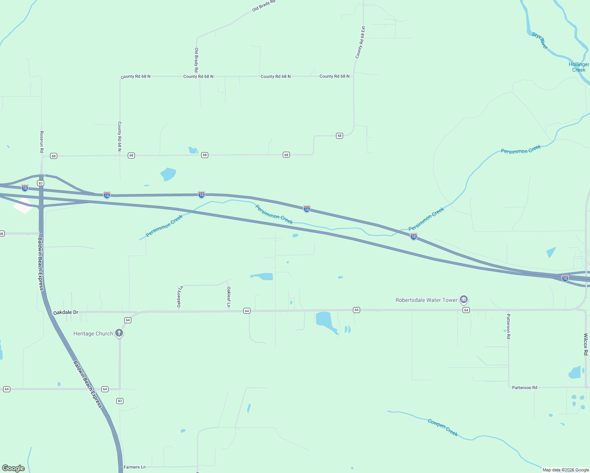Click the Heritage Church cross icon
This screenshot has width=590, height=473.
(x=119, y=333)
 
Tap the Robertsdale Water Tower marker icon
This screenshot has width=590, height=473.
(x=464, y=300)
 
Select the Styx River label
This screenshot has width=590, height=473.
(x=540, y=41)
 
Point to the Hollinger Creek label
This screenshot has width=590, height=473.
(x=579, y=67)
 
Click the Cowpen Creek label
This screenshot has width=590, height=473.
(x=443, y=427)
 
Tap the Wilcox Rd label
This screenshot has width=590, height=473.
(x=586, y=344)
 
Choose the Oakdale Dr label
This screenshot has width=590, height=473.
(x=66, y=312)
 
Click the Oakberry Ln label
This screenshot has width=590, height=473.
(x=179, y=296)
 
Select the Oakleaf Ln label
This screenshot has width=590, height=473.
(x=229, y=296)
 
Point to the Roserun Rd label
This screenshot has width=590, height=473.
(x=41, y=142)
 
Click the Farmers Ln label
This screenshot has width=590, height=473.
(x=134, y=467)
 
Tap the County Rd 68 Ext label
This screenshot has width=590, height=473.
(x=360, y=43)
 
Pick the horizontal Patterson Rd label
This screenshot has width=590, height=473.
(x=524, y=387)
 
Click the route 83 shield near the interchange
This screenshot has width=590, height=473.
(x=41, y=183)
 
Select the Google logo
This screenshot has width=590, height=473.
(x=13, y=468)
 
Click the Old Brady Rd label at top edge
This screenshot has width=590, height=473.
(x=263, y=6)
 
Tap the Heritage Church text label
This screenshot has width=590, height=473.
(x=93, y=333)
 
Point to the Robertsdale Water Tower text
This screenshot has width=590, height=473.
(x=426, y=300)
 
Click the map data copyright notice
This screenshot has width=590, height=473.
(x=566, y=470)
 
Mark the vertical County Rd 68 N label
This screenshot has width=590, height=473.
(x=119, y=136)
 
